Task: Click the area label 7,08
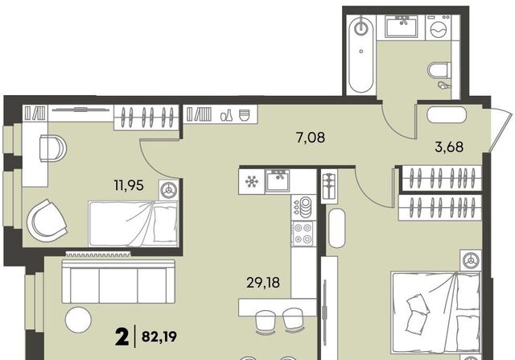coord(311,138)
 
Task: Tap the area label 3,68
coord(449,147)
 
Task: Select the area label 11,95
coord(129,185)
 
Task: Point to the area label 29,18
coord(263,283)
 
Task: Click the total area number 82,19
coord(159,337)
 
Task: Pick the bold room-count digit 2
coord(122,336)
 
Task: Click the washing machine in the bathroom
coord(439,27)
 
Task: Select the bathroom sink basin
coord(401,27)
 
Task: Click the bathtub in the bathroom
coord(361,54)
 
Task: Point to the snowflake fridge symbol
coord(252,181)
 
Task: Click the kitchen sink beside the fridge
coord(278,180)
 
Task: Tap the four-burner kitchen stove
coord(303,233)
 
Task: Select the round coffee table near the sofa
coord(78,320)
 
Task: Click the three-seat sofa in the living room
coord(118,281)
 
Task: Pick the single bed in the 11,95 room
coord(134,224)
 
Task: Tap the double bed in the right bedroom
coord(436,312)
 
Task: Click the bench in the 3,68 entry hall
coord(447,114)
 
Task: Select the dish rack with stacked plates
coord(303,207)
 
